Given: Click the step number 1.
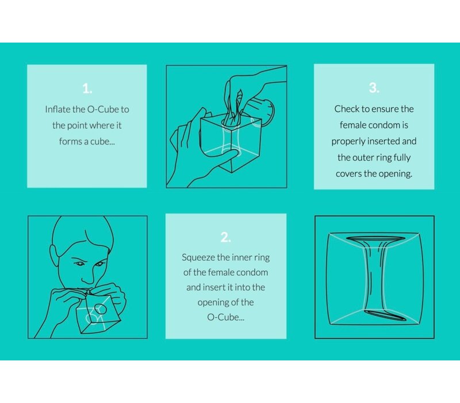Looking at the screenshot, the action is (87, 89).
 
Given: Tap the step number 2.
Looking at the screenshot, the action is (225, 237).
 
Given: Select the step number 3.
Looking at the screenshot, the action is (374, 88).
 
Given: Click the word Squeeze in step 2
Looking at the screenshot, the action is (198, 257).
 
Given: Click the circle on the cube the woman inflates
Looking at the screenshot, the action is (100, 309).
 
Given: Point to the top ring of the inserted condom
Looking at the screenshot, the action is (375, 238).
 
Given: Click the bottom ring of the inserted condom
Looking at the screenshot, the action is (385, 315).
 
